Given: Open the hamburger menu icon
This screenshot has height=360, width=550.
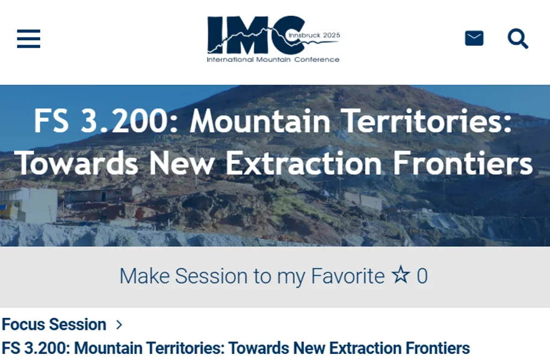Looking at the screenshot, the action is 28,39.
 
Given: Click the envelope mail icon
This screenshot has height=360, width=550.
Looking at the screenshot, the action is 474,39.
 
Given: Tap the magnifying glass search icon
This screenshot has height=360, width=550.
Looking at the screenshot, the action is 518,39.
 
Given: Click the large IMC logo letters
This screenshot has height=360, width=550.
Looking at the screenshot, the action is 255,34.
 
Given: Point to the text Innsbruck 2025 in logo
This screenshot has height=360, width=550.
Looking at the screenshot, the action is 314,35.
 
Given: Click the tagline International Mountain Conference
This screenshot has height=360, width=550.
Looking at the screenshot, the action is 273,60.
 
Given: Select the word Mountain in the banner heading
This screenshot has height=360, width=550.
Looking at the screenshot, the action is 260,120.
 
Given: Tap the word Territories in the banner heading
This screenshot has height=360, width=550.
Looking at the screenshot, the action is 426,120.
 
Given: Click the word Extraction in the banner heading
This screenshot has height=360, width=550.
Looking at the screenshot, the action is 303,163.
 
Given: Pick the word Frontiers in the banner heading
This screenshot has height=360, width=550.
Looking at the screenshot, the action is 463,163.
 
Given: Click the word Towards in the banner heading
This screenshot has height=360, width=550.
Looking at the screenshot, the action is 76,163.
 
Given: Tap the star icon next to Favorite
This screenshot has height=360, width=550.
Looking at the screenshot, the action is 401,274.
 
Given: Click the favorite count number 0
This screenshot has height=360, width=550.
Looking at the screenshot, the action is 422,276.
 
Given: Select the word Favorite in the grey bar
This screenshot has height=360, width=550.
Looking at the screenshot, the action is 348,276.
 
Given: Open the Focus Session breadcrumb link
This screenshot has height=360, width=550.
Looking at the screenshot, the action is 54,324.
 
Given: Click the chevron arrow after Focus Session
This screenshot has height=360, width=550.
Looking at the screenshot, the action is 119,325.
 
